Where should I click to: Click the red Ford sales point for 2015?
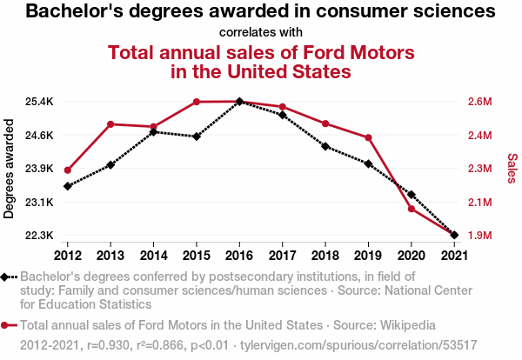(x=197, y=102)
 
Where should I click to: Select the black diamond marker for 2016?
(x=239, y=101)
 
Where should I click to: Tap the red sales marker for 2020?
(x=412, y=209)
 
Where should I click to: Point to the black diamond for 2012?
(x=68, y=186)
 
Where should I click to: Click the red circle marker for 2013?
(x=110, y=124)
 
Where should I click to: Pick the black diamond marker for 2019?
(x=368, y=163)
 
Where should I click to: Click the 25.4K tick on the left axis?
(x=39, y=102)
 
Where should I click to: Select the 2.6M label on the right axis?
(x=479, y=102)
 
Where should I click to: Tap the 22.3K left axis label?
(x=39, y=236)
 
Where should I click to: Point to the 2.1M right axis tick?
(x=479, y=202)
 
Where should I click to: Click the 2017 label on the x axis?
(x=282, y=256)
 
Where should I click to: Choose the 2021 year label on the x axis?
(x=454, y=256)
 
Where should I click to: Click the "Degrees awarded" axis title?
(x=9, y=169)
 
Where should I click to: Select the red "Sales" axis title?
(x=512, y=168)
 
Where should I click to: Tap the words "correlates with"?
(x=261, y=32)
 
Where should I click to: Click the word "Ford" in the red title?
(x=321, y=52)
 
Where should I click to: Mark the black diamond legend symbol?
(x=4, y=277)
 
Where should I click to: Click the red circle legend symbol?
(x=4, y=325)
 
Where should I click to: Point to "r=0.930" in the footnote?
(x=108, y=345)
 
